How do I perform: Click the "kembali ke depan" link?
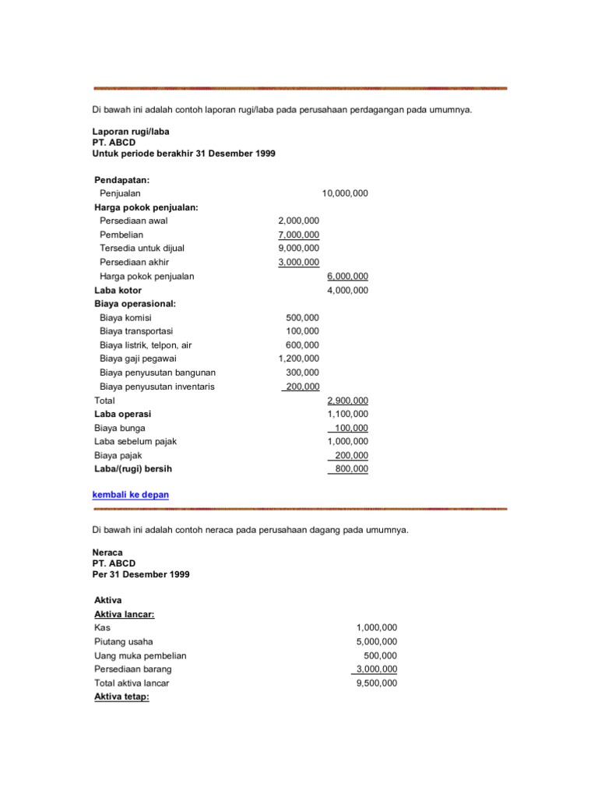(130, 495)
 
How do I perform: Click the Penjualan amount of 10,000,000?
(345, 193)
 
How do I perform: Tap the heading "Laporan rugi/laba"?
(131, 132)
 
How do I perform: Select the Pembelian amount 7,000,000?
(298, 235)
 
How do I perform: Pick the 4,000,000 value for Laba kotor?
(347, 290)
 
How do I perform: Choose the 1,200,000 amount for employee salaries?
(298, 358)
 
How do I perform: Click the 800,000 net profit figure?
(351, 469)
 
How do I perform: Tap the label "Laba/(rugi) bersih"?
(132, 469)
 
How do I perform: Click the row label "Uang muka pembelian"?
(140, 655)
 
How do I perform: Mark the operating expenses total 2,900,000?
(347, 400)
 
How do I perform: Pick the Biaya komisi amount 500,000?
(302, 317)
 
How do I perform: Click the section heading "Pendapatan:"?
(121, 179)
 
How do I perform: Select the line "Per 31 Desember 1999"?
(140, 574)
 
